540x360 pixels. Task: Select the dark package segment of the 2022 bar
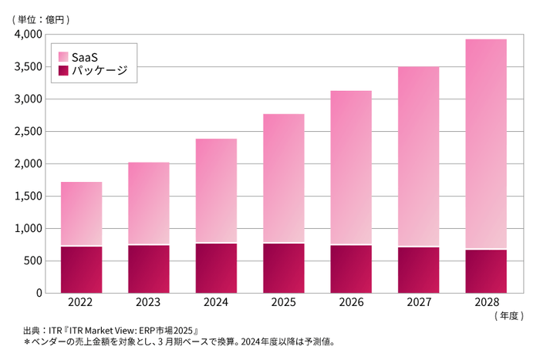82,269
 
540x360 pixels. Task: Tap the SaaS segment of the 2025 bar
284,178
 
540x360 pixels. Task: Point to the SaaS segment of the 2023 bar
149,204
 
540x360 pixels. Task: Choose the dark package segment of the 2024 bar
216,267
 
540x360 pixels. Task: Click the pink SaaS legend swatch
63,56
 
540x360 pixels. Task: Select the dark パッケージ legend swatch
63,71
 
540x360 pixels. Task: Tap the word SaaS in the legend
85,56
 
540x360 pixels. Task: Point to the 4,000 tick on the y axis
28,35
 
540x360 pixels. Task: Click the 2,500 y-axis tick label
28,132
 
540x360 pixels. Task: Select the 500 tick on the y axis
33,261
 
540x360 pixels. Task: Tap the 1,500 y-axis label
28,197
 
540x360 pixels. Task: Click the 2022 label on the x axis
82,304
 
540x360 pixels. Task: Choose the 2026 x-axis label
351,304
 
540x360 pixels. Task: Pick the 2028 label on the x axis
486,304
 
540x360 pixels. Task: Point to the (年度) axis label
505,316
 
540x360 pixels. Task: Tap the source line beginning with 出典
113,329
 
